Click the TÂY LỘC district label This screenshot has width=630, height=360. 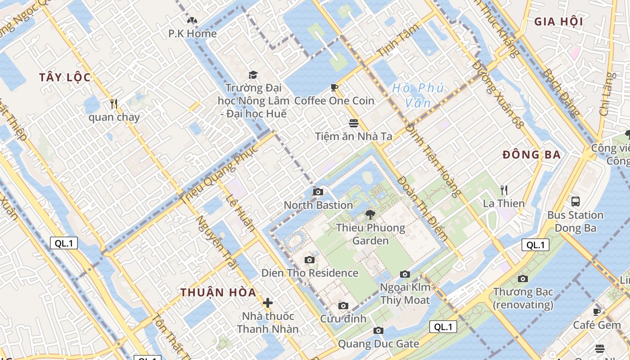65,77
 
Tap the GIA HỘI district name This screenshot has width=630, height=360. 558,22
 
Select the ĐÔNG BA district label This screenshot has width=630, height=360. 531,155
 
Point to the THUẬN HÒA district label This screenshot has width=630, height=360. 219,292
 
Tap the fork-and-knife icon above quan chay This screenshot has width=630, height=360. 114,104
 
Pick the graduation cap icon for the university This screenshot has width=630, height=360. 252,75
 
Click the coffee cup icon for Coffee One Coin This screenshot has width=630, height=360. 334,87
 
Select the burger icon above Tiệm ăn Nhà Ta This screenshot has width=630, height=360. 354,123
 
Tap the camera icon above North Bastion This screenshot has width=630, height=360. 318,192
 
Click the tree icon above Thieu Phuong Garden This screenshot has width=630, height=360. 370,214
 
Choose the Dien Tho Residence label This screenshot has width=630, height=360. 310,273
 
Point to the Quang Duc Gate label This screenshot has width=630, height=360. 378,344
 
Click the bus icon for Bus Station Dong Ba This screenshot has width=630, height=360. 575,201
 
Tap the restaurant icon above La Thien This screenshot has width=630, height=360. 504,190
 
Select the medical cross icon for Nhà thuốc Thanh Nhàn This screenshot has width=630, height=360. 268,303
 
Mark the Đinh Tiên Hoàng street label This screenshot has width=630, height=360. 433,160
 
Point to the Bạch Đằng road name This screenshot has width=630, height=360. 560,93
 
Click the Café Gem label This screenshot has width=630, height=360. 597,325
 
